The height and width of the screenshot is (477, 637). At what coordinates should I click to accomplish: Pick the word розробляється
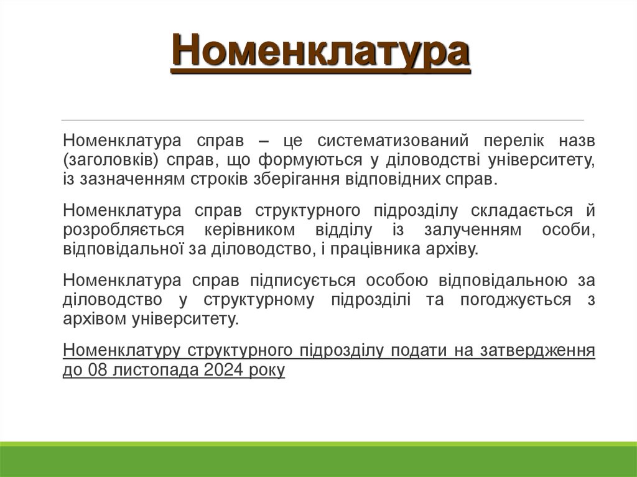click(x=123, y=229)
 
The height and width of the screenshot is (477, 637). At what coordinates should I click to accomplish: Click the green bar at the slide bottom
click(x=318, y=460)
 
